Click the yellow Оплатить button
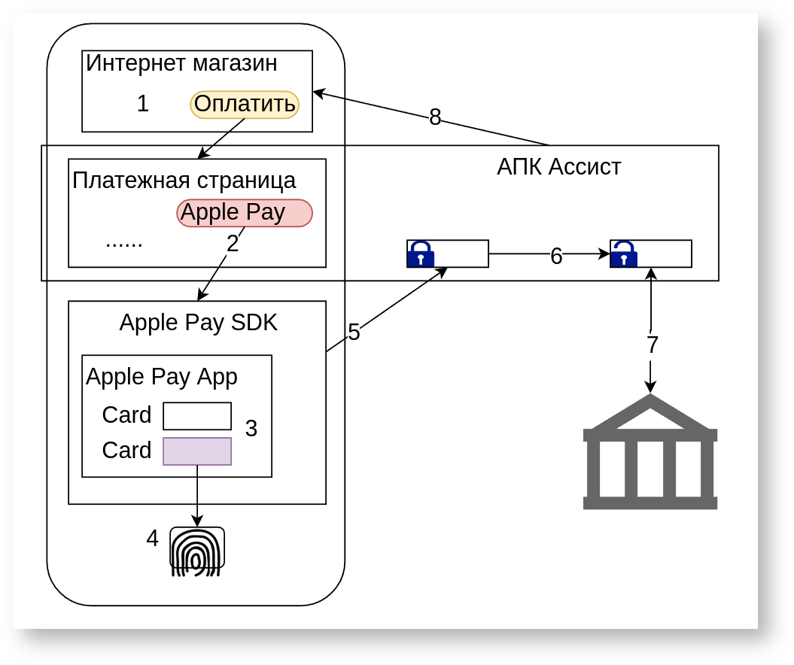click(245, 105)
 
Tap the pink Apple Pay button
click(244, 213)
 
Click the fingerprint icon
click(196, 551)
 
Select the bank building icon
click(650, 452)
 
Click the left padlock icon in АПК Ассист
click(421, 254)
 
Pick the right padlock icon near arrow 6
click(624, 254)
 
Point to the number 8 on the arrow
click(435, 117)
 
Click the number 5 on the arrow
click(354, 332)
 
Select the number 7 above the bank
click(652, 345)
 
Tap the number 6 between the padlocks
click(556, 257)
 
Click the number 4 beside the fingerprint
click(153, 539)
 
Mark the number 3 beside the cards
click(251, 429)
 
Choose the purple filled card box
click(197, 451)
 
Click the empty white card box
click(197, 416)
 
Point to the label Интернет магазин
click(181, 63)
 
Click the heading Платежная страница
click(184, 181)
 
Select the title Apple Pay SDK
click(199, 323)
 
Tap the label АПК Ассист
click(559, 166)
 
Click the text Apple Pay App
click(162, 376)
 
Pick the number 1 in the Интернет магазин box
click(143, 104)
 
